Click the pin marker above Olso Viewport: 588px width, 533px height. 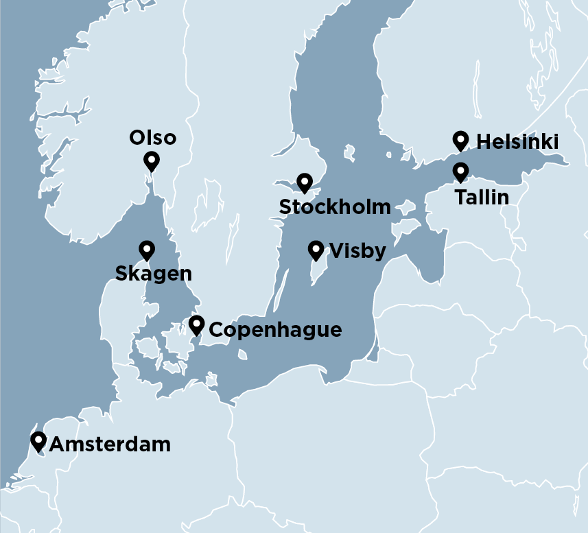pyautogui.click(x=152, y=161)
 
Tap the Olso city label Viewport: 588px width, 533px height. pyautogui.click(x=152, y=138)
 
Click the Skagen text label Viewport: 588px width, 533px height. pyautogui.click(x=153, y=274)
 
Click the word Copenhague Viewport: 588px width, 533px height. pyautogui.click(x=274, y=330)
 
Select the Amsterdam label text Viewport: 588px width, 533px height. pyautogui.click(x=110, y=445)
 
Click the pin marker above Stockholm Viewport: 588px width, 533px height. pyautogui.click(x=305, y=182)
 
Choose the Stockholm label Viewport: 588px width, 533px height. pyautogui.click(x=335, y=206)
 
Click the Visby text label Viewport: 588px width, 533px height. pyautogui.click(x=357, y=250)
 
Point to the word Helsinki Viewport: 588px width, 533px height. pyautogui.click(x=517, y=142)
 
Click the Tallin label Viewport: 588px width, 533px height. pyautogui.click(x=482, y=198)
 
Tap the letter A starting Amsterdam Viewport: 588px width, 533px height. pyautogui.click(x=57, y=445)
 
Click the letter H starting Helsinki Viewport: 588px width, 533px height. pyautogui.click(x=482, y=142)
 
